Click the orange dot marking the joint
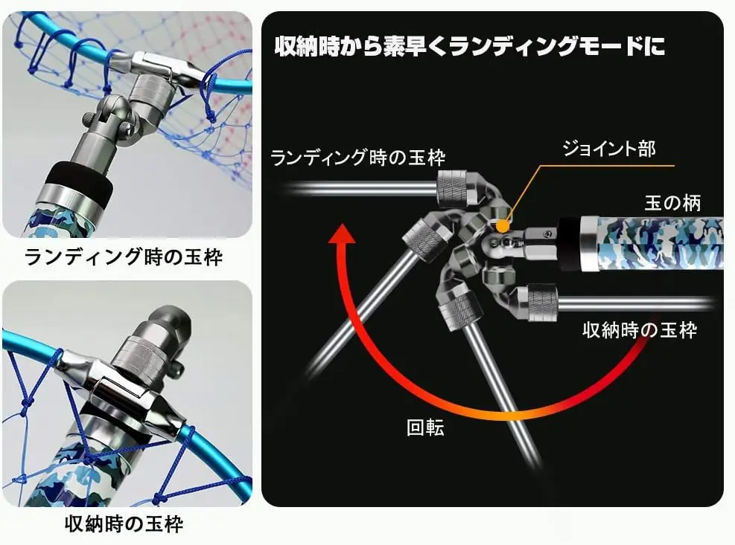click(503, 226)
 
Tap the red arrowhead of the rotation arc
click(342, 233)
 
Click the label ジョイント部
click(609, 149)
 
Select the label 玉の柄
click(672, 203)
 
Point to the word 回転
click(425, 427)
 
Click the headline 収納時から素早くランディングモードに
click(469, 46)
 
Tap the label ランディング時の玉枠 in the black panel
click(357, 158)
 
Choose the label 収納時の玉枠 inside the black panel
click(640, 330)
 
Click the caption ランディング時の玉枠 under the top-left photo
click(124, 257)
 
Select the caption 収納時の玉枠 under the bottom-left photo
click(124, 524)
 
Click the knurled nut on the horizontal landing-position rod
click(452, 189)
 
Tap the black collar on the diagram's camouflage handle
click(569, 242)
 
